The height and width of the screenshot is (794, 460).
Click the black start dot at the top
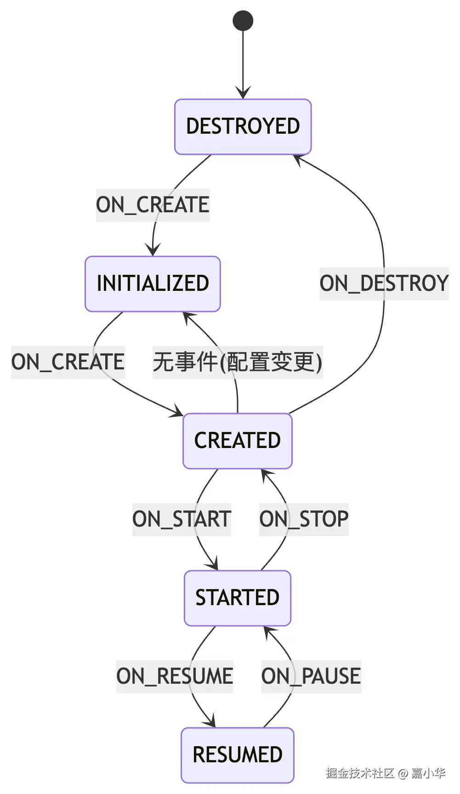point(243,21)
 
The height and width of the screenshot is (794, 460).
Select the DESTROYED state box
point(243,126)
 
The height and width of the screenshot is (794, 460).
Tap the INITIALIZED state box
point(153,284)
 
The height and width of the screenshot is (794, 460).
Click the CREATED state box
point(237,441)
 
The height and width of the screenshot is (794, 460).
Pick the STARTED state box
point(237,598)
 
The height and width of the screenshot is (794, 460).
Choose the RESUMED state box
point(237,755)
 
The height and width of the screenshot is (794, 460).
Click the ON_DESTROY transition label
point(384,284)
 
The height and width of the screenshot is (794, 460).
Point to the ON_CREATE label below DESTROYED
point(153,205)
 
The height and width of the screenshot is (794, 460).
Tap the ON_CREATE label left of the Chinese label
point(68,362)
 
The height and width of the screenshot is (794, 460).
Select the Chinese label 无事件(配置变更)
point(237,362)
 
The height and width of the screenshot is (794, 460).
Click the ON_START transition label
point(182,519)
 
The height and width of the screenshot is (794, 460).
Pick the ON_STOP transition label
point(304,519)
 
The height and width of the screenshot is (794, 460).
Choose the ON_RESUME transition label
point(174,676)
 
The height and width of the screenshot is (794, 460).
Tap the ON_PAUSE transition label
point(311,676)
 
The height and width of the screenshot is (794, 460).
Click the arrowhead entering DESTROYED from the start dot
point(243,93)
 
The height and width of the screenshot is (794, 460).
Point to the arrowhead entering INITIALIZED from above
point(153,250)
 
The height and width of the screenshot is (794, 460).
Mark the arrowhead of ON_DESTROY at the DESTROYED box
point(298,159)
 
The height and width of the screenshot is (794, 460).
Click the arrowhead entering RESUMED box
point(210,722)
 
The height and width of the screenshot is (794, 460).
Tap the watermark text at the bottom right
point(385,773)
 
